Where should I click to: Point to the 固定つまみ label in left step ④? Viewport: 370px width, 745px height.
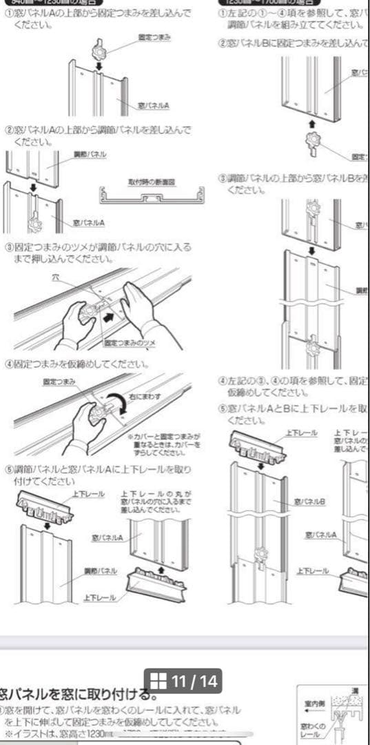[x=59, y=381]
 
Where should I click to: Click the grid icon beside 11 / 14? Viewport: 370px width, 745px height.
[x=158, y=682]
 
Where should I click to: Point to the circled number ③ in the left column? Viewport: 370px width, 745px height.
[x=9, y=247]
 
